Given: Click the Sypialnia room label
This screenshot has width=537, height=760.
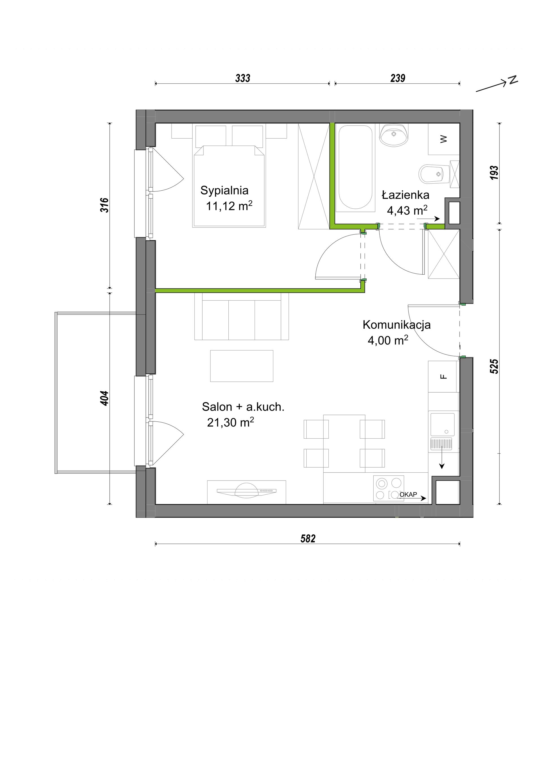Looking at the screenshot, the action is click(224, 190).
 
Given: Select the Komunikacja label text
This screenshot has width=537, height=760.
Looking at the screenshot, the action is click(397, 325).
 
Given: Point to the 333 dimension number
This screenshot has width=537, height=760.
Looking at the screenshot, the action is click(243, 78).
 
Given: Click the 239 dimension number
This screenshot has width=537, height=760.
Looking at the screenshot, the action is click(398, 78).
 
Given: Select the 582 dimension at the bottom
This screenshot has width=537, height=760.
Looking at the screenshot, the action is click(308, 539).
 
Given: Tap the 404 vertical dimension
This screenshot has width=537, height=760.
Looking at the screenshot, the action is click(104, 398).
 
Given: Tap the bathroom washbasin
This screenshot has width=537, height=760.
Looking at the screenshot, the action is click(393, 135).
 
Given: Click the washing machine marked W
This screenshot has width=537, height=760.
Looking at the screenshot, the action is click(444, 139).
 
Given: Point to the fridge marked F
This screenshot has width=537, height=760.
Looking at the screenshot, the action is click(443, 377).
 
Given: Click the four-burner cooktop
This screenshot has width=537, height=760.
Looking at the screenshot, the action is click(389, 488).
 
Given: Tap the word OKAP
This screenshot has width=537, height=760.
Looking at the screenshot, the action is click(408, 494).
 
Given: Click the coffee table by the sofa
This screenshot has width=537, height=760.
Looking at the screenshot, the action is click(242, 366).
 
